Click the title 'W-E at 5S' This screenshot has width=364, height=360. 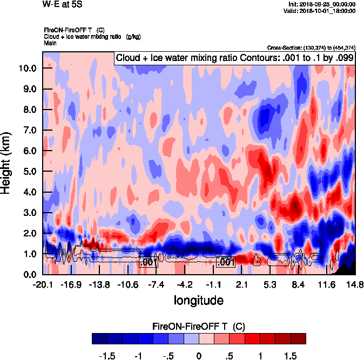(62, 4)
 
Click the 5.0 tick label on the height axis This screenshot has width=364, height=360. (29, 171)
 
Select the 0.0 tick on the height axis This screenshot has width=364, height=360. (29, 274)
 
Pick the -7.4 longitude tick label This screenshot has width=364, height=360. (156, 284)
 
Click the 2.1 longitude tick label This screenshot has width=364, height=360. (242, 284)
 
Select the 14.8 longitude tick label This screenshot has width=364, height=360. (355, 284)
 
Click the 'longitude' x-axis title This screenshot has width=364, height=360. (199, 300)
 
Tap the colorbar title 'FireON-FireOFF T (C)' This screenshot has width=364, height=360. (199, 326)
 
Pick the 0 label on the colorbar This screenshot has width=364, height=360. (199, 356)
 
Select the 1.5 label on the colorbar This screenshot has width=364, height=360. (291, 356)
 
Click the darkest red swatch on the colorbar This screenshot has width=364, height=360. (298, 338)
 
